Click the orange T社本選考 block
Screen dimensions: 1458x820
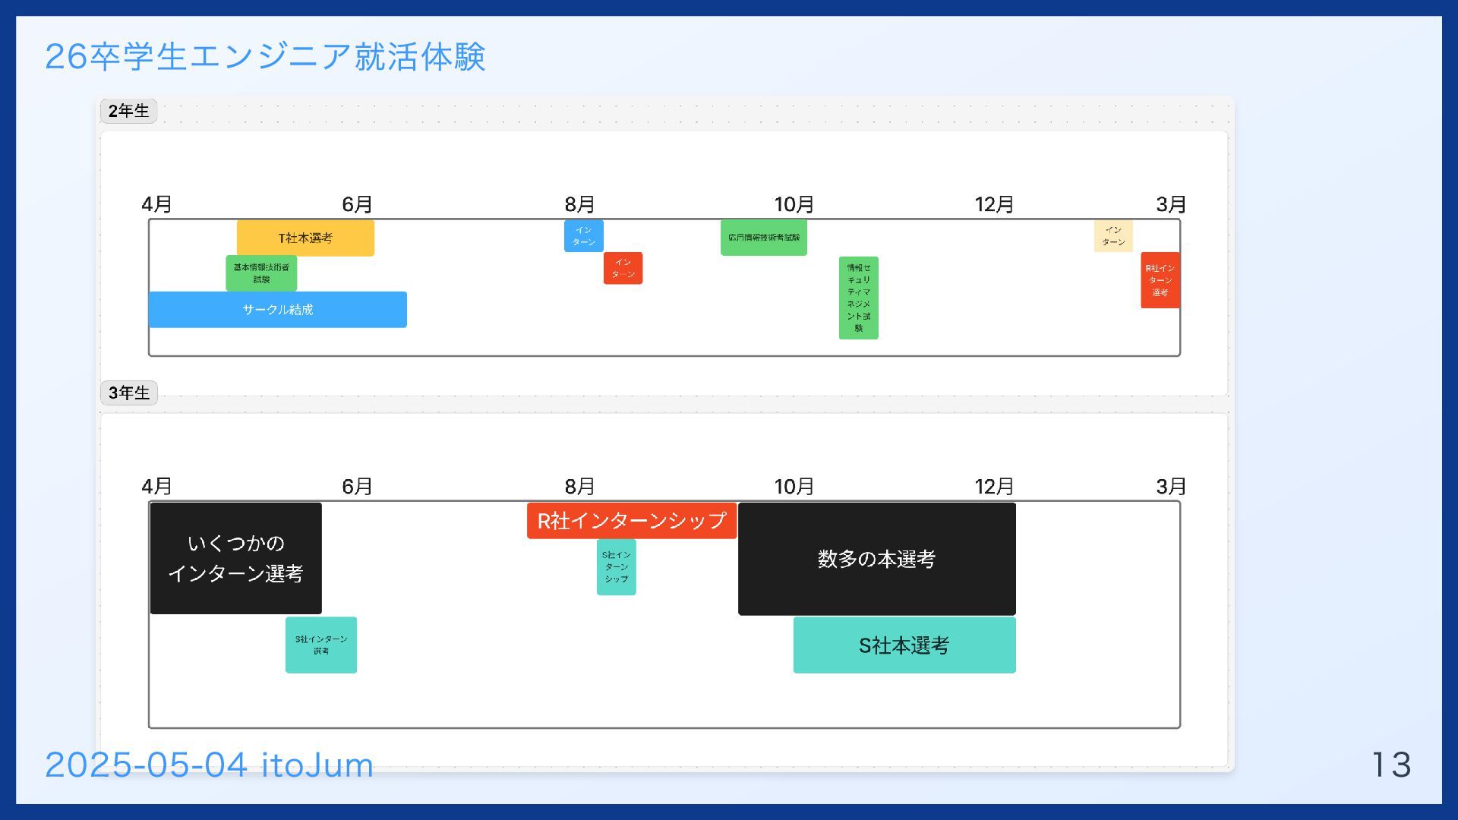[305, 238]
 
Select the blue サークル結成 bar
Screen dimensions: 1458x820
[277, 310]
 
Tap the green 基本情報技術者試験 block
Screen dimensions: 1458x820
[261, 273]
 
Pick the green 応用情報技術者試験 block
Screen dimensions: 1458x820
[763, 238]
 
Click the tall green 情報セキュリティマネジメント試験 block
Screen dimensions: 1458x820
[858, 298]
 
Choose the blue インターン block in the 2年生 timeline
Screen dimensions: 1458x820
[583, 236]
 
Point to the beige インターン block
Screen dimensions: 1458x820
[1113, 236]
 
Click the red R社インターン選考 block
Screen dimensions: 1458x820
[1160, 280]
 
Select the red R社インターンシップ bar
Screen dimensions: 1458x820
[631, 521]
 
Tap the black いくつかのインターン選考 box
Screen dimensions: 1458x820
[235, 558]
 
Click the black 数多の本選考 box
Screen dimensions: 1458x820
[876, 559]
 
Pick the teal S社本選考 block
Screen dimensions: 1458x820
[904, 645]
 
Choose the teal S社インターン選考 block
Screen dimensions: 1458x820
[321, 645]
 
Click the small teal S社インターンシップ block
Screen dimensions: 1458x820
[616, 567]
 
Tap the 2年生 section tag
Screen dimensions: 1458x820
[128, 111]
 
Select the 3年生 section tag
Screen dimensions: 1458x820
[128, 393]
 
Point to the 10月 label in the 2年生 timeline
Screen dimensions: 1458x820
[794, 204]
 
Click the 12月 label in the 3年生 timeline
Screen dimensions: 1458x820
[994, 486]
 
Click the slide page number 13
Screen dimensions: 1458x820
[1391, 765]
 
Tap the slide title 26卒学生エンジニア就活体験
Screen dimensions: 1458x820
[265, 57]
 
